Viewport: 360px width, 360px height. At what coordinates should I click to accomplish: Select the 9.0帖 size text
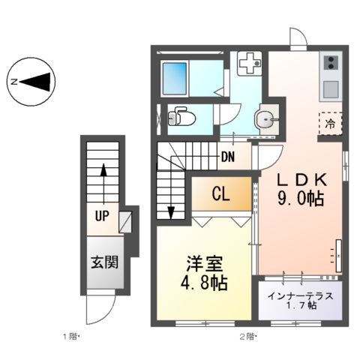click(301, 200)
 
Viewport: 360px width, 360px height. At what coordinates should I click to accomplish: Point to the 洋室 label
click(204, 265)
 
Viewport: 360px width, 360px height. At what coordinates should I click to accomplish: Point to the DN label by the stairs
click(230, 157)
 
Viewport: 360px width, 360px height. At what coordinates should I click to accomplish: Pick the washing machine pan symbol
click(249, 65)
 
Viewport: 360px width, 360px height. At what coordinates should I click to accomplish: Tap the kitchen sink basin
click(331, 88)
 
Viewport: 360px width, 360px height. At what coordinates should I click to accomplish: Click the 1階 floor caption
click(70, 335)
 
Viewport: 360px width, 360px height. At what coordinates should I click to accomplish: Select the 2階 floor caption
click(248, 335)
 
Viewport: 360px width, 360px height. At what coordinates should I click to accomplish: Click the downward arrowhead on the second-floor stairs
click(172, 211)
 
